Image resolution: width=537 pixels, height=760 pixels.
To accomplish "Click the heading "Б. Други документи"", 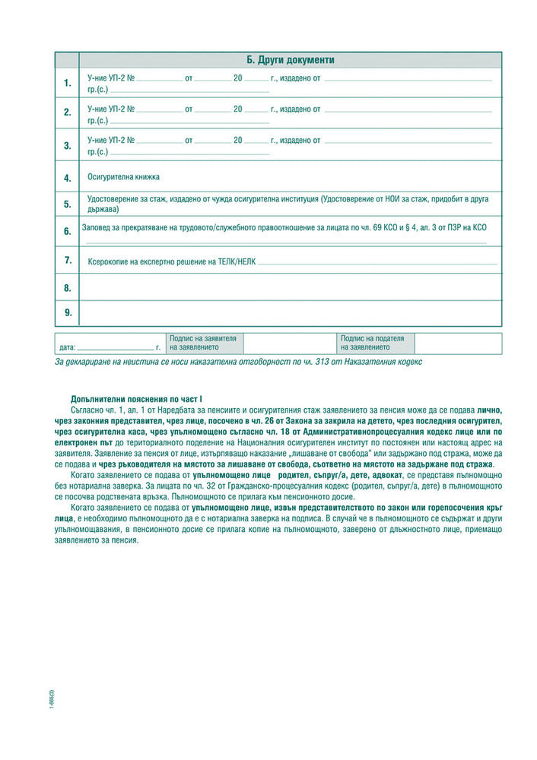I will point(291,59).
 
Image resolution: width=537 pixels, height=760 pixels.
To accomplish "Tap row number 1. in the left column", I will point(67,83).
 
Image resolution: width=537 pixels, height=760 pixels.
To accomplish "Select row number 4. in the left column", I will point(67,178).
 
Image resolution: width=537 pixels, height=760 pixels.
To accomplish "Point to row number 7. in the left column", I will point(67,260).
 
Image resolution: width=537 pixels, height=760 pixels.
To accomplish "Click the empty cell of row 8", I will point(291,287).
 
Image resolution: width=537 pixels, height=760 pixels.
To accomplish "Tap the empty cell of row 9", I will point(291,312).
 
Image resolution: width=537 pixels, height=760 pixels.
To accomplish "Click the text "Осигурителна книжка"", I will point(123,177).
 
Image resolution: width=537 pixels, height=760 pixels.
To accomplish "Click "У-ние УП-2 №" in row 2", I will point(111,109).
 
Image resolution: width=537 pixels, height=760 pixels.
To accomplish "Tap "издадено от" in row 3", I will point(300,141).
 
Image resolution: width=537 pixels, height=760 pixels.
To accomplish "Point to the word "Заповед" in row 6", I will point(103,227).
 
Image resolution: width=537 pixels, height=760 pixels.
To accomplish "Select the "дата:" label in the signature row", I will point(67,347).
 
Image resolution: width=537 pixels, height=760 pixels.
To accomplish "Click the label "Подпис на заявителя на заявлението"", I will point(203,343).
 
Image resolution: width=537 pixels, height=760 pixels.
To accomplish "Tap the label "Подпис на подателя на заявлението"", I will point(373,343).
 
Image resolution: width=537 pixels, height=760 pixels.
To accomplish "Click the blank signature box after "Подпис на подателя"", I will point(458,344).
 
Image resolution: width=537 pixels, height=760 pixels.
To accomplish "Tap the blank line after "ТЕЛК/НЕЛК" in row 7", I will point(377,261).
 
